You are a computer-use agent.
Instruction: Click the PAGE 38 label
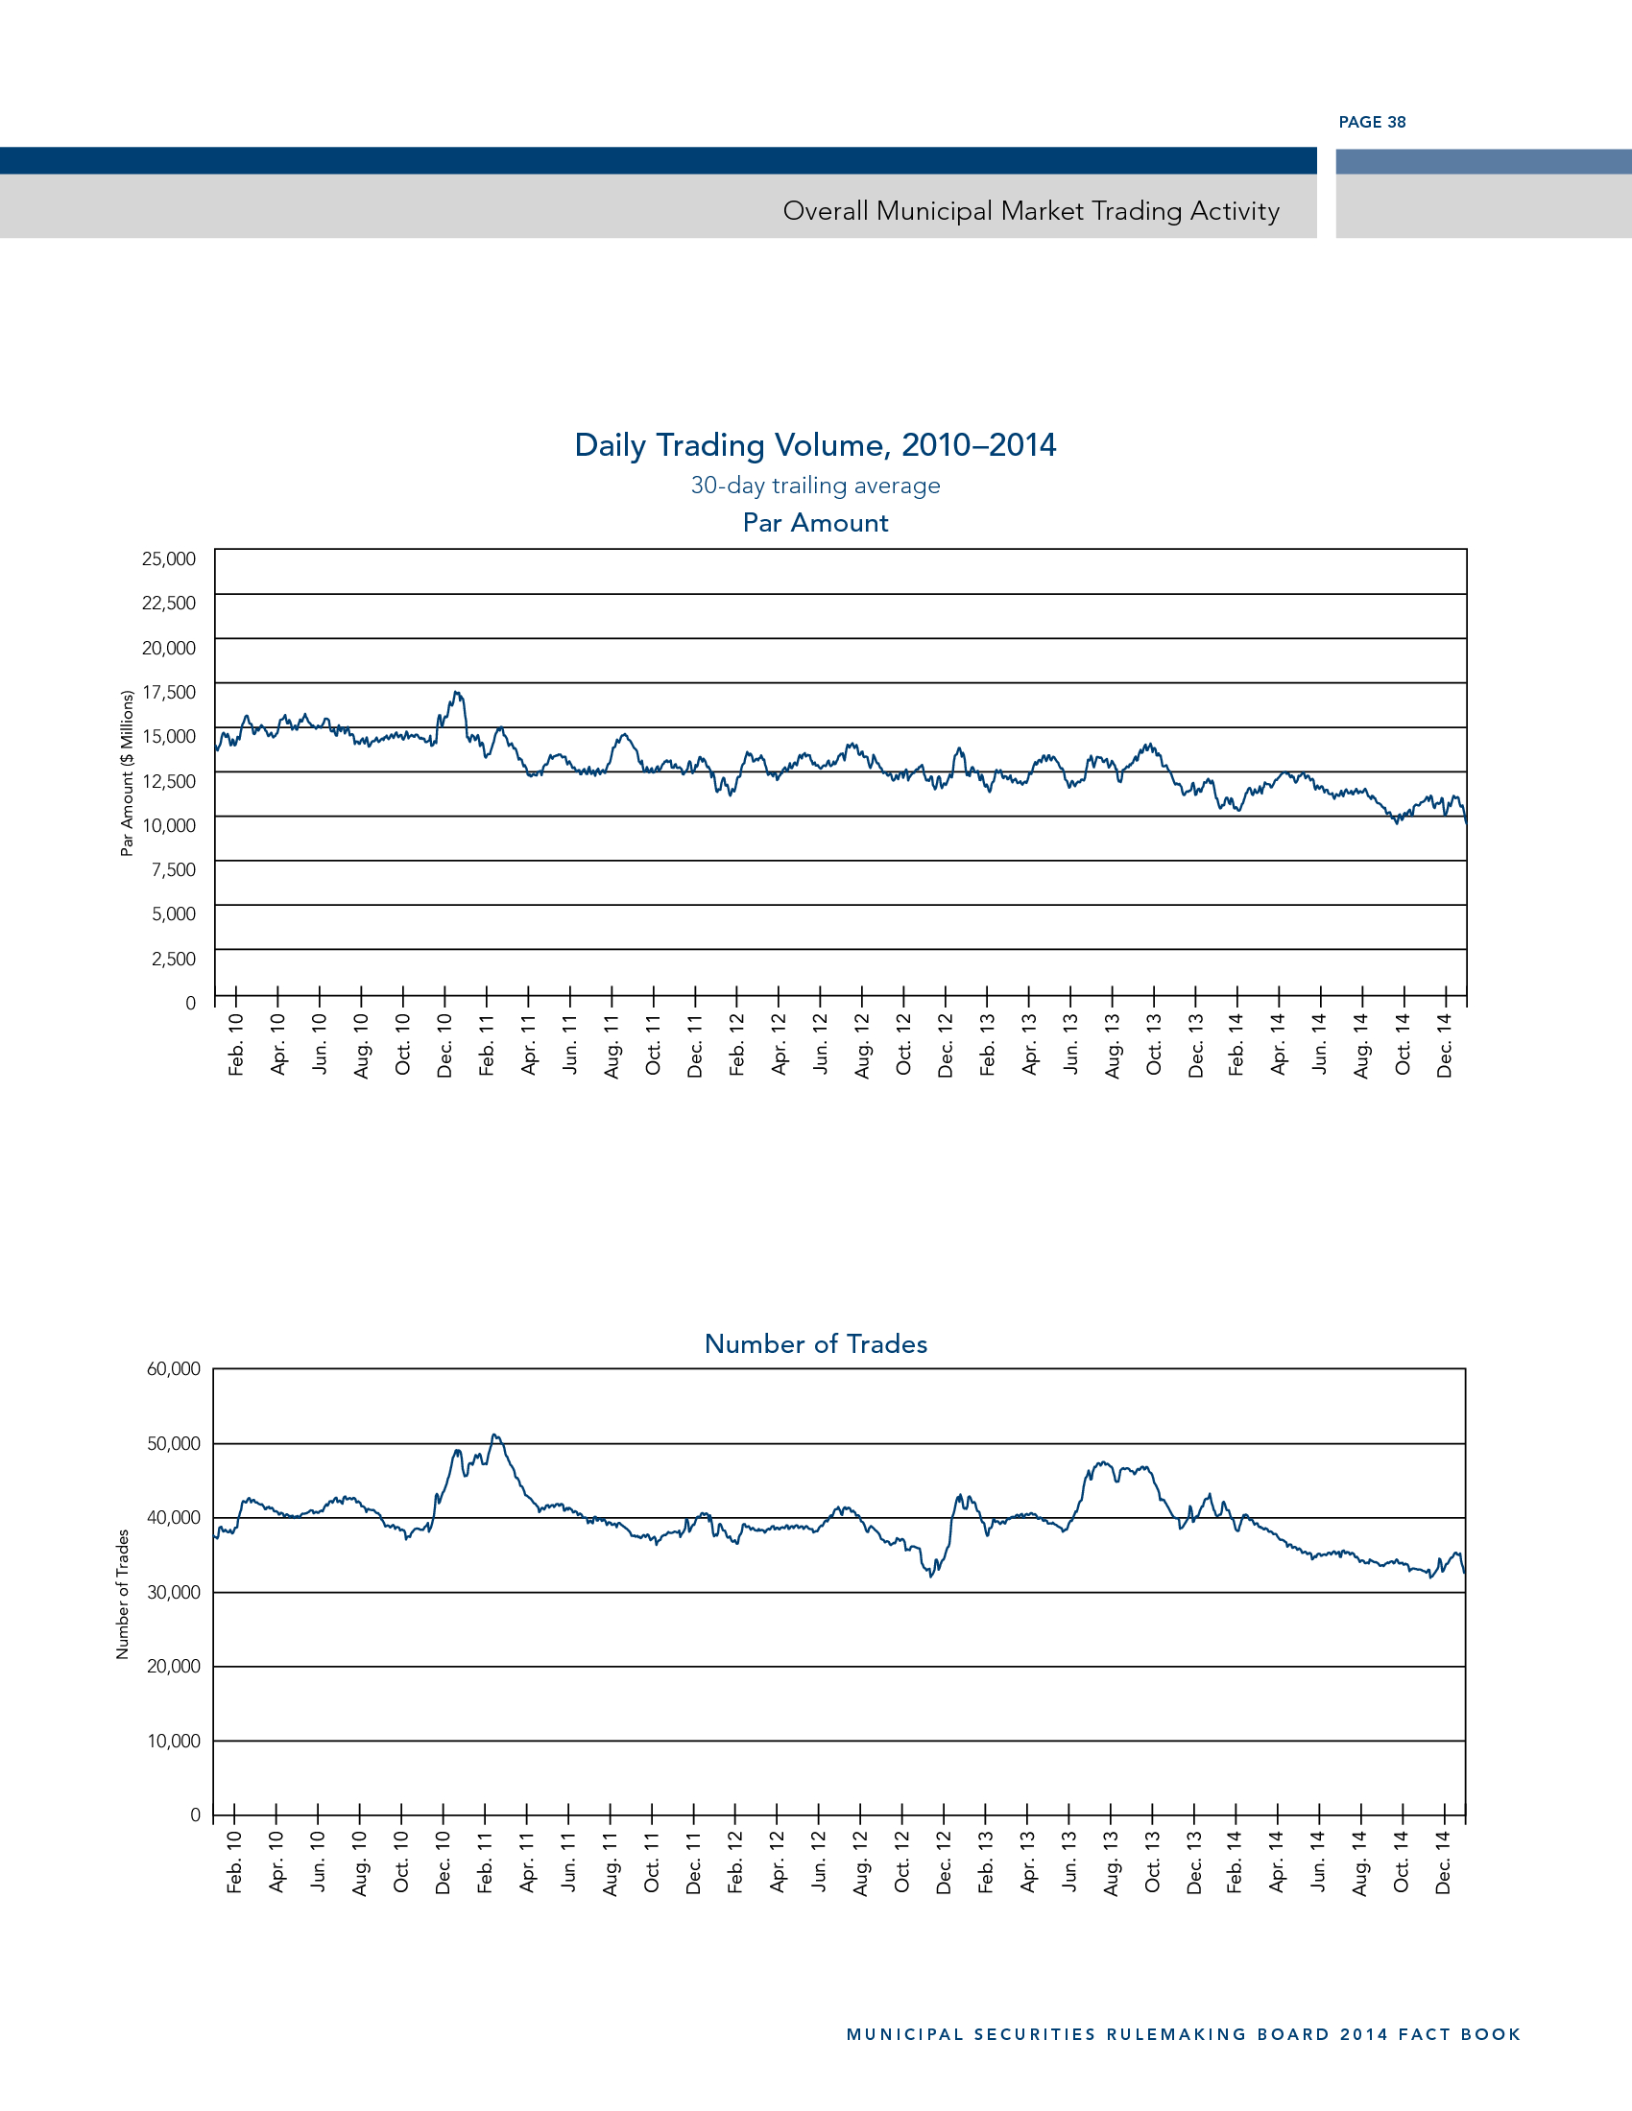click(1372, 122)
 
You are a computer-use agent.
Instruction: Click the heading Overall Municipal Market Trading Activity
click(1031, 211)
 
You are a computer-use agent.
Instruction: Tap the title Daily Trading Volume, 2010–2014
click(815, 444)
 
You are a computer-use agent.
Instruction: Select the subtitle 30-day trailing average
click(815, 486)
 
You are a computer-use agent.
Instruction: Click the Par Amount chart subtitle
click(815, 523)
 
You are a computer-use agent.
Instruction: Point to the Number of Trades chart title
click(816, 1343)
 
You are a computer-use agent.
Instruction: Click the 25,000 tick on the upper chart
click(169, 558)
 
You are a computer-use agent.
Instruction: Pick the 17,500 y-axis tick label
click(169, 692)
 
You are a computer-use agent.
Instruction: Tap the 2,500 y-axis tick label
click(174, 959)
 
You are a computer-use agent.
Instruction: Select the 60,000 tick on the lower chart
click(174, 1368)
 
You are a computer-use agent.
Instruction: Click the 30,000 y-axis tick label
click(174, 1592)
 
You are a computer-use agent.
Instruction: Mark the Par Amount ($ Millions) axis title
click(127, 773)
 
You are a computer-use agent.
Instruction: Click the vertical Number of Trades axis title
click(123, 1594)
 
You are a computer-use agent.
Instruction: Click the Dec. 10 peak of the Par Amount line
click(456, 693)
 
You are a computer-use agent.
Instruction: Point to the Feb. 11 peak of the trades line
click(494, 1435)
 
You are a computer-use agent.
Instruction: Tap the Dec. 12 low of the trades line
click(931, 1577)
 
